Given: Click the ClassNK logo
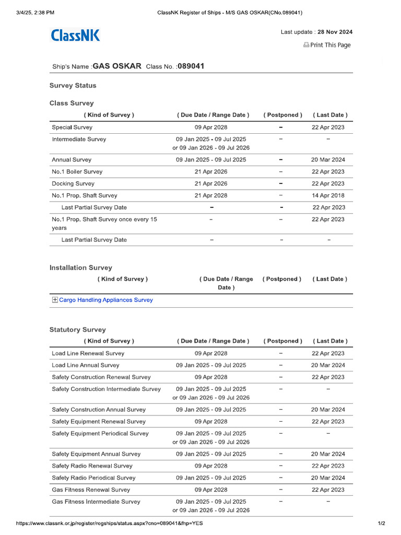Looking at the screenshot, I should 75,36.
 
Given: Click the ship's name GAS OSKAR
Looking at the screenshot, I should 117,66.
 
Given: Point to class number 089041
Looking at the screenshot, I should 191,66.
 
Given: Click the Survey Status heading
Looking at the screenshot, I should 73,85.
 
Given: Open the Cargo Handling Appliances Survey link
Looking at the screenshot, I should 106,300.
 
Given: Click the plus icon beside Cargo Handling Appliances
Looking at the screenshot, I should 55,300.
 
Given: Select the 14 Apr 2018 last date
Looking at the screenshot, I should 328,195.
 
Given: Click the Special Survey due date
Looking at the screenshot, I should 211,127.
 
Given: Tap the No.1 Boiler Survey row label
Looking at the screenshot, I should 77,171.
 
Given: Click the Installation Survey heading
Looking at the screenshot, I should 81,267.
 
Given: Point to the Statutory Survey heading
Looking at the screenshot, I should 77,330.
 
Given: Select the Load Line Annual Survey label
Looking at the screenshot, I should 86,365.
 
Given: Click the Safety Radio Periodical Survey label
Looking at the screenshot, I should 93,478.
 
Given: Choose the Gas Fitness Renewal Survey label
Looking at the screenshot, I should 91,490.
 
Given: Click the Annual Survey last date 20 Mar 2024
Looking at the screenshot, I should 328,160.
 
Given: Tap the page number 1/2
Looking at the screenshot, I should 381,523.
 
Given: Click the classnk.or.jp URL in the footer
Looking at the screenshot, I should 109,523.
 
